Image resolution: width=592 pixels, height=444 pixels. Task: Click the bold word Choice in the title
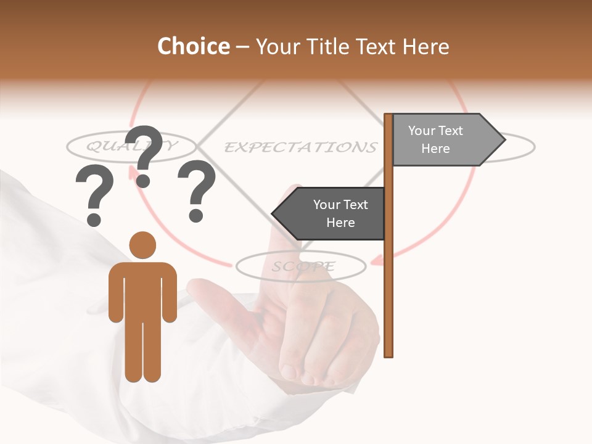[193, 46]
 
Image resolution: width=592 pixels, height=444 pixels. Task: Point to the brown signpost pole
[388, 277]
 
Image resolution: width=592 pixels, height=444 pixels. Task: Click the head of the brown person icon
[142, 244]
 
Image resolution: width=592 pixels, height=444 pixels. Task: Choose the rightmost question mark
[196, 190]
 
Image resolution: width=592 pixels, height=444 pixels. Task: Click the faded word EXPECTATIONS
[300, 147]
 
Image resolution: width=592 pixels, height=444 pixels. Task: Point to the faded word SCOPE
[303, 266]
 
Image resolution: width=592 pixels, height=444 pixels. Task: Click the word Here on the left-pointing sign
[340, 223]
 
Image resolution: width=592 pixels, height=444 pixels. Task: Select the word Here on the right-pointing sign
[435, 149]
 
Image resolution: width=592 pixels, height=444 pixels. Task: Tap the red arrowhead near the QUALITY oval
[133, 173]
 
